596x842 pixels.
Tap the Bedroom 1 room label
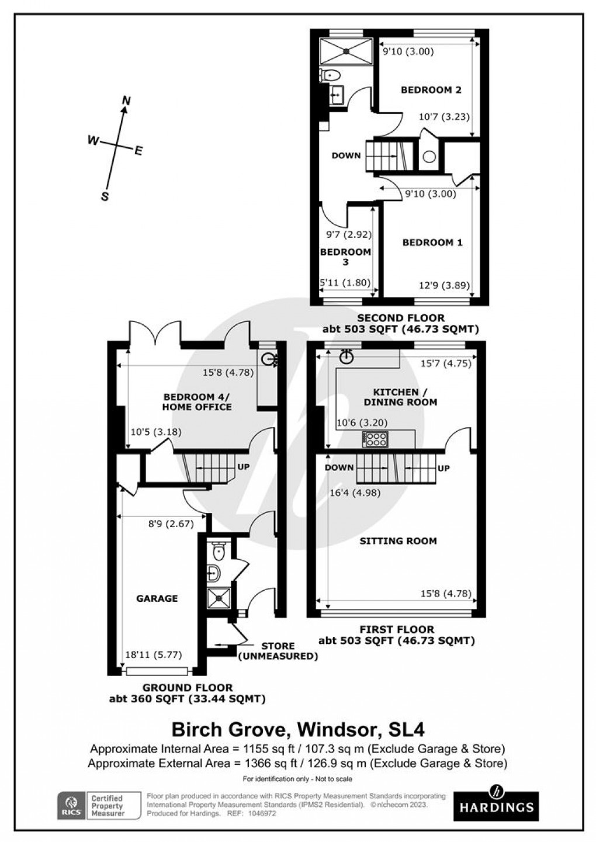[432, 242]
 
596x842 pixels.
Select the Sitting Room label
[398, 541]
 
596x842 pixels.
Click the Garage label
[157, 598]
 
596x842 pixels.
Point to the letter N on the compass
[125, 101]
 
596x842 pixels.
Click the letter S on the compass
[105, 197]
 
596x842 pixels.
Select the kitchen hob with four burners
[375, 439]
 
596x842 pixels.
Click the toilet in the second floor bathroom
[330, 75]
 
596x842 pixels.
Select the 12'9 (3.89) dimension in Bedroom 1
[442, 286]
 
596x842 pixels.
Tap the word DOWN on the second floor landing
[346, 155]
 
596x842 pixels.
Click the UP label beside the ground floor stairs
[244, 467]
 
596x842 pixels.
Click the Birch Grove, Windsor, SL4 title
[297, 729]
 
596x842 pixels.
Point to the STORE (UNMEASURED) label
[278, 651]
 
